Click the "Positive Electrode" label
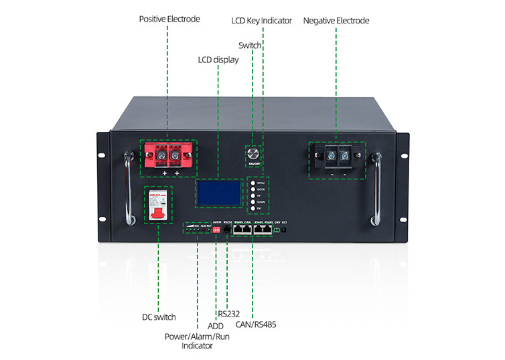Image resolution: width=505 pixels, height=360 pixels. pyautogui.click(x=169, y=19)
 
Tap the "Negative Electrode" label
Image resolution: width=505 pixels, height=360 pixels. pyautogui.click(x=336, y=21)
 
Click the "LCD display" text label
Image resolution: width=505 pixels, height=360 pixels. pyautogui.click(x=218, y=60)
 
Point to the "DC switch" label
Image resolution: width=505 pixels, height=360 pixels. pyautogui.click(x=159, y=317)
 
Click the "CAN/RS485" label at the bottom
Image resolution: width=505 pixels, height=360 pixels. pyautogui.click(x=256, y=325)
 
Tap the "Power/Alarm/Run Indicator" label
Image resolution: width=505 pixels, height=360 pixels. pyautogui.click(x=197, y=341)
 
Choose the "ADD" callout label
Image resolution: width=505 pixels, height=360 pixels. pyautogui.click(x=216, y=326)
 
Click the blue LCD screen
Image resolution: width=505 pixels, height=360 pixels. pyautogui.click(x=218, y=194)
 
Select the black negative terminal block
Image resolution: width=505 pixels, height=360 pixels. pyautogui.click(x=337, y=159)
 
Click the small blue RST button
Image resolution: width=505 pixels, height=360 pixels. pyautogui.click(x=285, y=230)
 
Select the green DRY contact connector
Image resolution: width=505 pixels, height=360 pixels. pyautogui.click(x=277, y=230)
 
